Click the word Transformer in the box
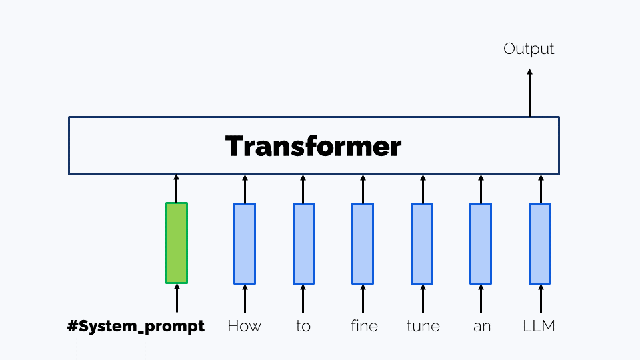(x=313, y=146)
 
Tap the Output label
(x=529, y=49)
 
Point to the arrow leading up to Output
(x=529, y=93)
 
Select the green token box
(x=177, y=243)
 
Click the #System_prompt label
(x=136, y=326)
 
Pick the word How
(x=244, y=326)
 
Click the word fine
(x=364, y=326)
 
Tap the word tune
(x=423, y=326)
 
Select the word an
(x=481, y=327)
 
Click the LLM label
(x=539, y=326)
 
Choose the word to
(x=303, y=327)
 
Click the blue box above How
(x=245, y=243)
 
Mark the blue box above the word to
(x=304, y=243)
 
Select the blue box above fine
(x=363, y=243)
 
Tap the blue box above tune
(x=422, y=243)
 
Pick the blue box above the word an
(x=481, y=243)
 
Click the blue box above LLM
(x=539, y=243)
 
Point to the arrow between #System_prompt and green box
(x=177, y=299)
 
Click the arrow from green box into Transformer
(x=176, y=189)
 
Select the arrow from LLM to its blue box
(x=541, y=299)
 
